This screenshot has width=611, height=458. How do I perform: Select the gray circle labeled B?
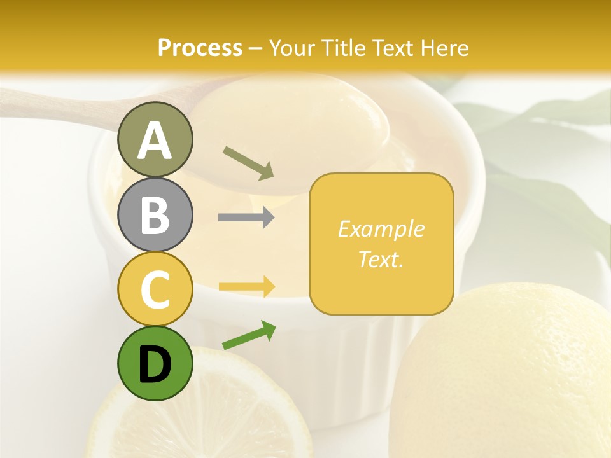pyautogui.click(x=155, y=214)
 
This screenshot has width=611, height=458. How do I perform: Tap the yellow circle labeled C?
pyautogui.click(x=155, y=289)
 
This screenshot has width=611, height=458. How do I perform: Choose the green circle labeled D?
pyautogui.click(x=155, y=363)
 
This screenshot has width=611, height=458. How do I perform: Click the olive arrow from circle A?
pyautogui.click(x=248, y=162)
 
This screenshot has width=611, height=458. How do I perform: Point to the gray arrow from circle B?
pyautogui.click(x=246, y=218)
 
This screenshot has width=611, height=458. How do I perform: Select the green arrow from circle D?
pyautogui.click(x=249, y=335)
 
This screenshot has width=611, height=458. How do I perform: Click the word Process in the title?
pyautogui.click(x=200, y=48)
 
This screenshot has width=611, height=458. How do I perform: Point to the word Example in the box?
pyautogui.click(x=381, y=229)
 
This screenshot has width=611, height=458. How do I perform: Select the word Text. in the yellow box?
pyautogui.click(x=381, y=259)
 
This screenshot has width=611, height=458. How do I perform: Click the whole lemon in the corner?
pyautogui.click(x=509, y=375)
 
